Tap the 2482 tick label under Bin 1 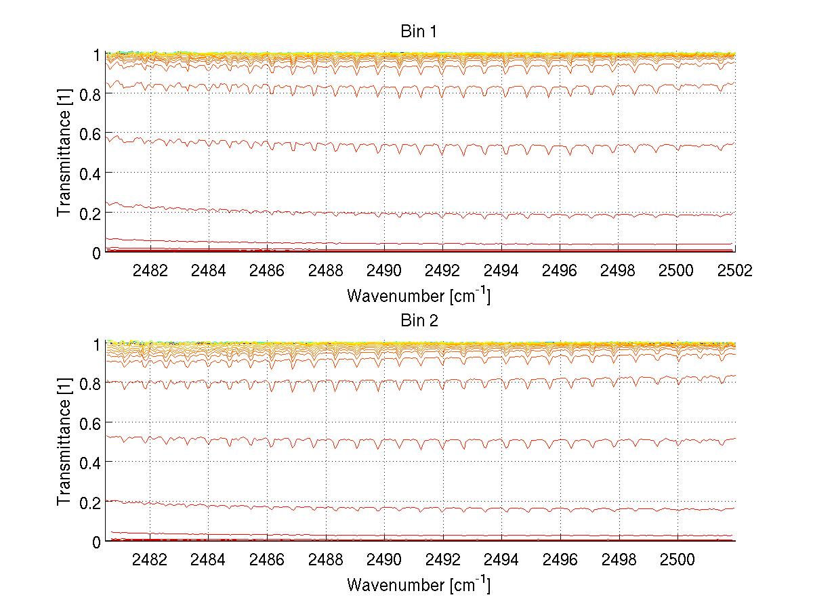(150, 269)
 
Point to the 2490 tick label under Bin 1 (383, 269)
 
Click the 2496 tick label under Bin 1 (559, 269)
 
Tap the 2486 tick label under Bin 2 (267, 559)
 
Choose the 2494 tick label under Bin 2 (501, 559)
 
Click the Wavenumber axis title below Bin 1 (418, 295)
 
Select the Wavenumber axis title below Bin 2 (418, 585)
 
